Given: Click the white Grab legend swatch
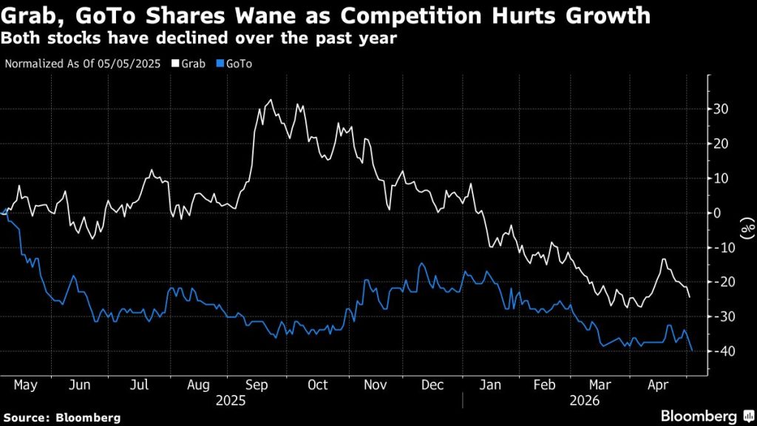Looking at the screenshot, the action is (176, 64).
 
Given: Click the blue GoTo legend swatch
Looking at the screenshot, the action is (220, 64).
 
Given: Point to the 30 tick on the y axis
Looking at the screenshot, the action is (721, 109).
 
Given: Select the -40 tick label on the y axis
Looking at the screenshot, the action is (718, 351).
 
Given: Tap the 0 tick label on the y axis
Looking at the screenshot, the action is (717, 213).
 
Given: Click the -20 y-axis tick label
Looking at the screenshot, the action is (718, 282).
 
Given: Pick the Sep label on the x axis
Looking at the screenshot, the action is (257, 385).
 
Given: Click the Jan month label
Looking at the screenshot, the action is (490, 385).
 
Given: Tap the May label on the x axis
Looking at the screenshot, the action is (25, 385).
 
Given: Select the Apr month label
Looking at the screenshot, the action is (658, 385).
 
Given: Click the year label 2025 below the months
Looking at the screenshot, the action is (231, 401).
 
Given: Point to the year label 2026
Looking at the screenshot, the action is (585, 401).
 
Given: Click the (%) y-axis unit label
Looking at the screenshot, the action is (748, 228).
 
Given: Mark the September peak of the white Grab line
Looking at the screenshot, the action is (271, 100).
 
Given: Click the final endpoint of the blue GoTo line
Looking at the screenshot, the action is (692, 350).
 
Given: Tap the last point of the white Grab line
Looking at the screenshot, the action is (690, 297).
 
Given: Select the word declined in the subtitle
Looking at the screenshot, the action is (197, 38).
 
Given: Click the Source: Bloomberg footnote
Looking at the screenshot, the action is (62, 418).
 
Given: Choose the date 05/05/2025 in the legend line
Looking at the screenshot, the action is (129, 64).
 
